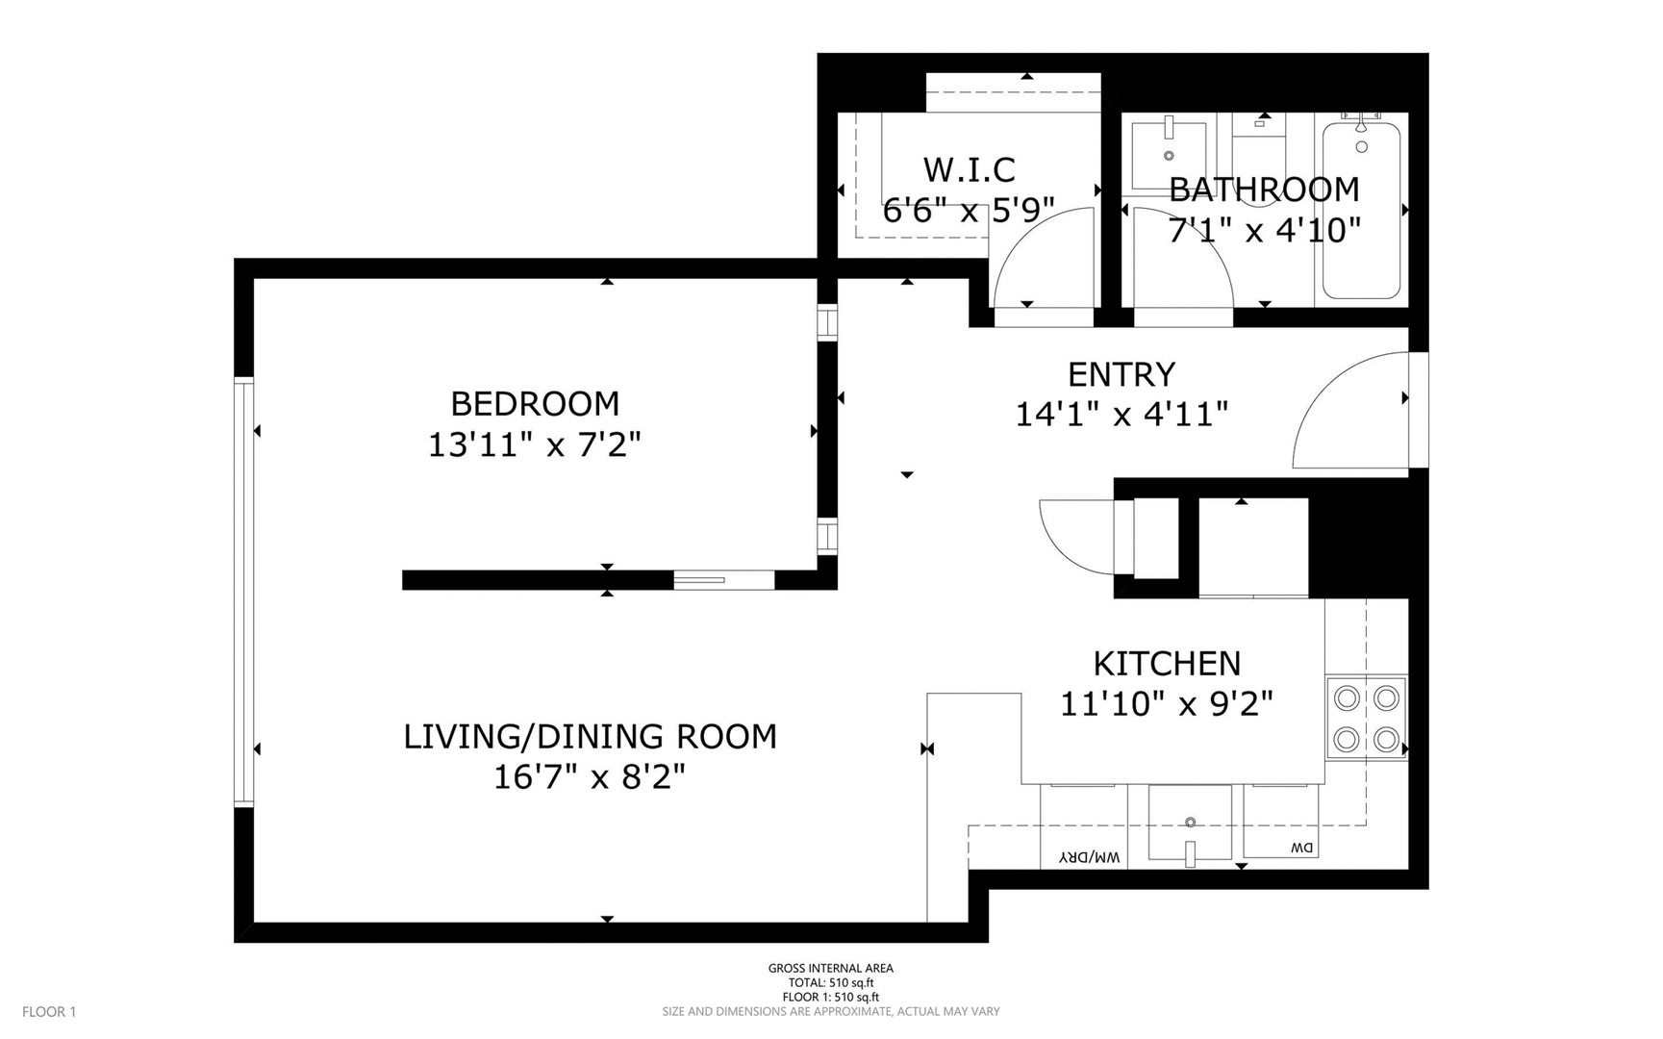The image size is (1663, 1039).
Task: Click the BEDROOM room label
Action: point(535,403)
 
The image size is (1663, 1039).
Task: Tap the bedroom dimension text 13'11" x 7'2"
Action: point(535,444)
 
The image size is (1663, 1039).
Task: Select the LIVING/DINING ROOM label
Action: point(590,737)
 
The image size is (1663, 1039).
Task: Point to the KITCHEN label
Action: point(1167,664)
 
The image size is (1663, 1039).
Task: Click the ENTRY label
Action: point(1121,374)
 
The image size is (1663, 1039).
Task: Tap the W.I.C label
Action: point(969,170)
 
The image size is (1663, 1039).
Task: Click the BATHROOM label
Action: point(1264,190)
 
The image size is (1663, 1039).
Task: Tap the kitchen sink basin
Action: point(1190,824)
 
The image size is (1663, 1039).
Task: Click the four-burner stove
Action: point(1366,718)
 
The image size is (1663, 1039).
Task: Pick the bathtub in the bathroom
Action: point(1361,212)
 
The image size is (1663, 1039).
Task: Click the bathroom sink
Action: point(1169,149)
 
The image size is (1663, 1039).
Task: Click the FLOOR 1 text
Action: point(49,1011)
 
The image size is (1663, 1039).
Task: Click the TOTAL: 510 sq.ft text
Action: point(830,982)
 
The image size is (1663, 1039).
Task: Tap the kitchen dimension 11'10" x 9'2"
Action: point(1167,704)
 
